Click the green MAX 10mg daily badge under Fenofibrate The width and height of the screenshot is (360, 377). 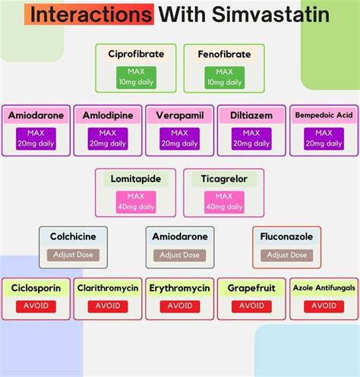click(x=224, y=76)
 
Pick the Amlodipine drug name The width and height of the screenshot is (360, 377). click(x=107, y=115)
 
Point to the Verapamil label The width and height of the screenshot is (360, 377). click(x=179, y=115)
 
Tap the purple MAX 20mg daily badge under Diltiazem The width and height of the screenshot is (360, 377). click(x=251, y=138)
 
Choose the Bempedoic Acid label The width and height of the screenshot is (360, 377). click(x=324, y=115)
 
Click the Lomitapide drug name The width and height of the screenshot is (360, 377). click(x=141, y=179)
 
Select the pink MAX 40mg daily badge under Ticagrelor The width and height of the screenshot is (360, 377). click(x=224, y=201)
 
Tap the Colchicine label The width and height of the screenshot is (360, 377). click(x=73, y=237)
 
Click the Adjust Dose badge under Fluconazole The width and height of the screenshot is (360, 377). click(x=287, y=255)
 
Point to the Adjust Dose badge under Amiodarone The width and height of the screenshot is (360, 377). click(x=180, y=255)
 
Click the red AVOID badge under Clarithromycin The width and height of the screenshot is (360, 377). click(x=107, y=306)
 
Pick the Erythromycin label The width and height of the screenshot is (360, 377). click(x=179, y=288)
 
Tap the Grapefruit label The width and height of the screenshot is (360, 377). click(x=251, y=288)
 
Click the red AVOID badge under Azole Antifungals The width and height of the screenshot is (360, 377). click(x=324, y=306)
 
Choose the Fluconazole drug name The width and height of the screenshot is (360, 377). click(x=287, y=237)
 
